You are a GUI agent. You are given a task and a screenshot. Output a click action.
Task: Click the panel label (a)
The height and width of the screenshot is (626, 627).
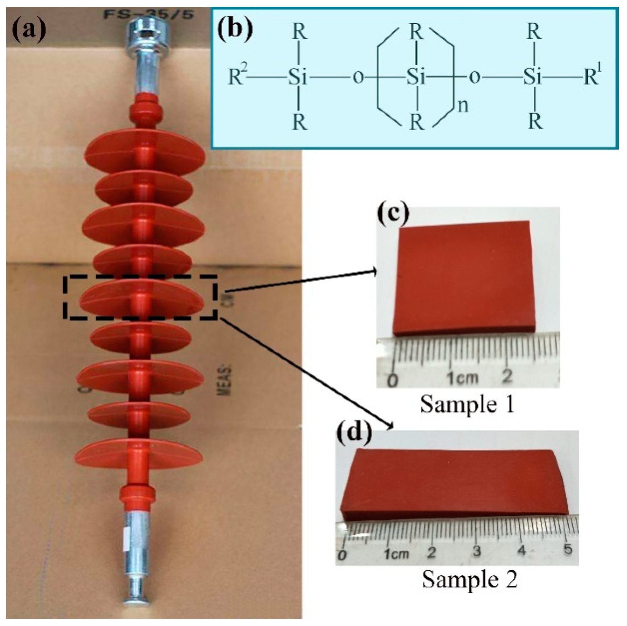28,30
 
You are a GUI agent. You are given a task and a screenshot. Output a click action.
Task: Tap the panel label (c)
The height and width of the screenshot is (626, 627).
393,214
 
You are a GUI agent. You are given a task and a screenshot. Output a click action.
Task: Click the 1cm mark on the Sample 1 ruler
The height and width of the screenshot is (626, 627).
462,377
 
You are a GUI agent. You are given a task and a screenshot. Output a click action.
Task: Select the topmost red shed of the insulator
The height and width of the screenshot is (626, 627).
145,153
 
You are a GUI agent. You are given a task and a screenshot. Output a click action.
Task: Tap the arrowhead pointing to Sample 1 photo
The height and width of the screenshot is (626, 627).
374,271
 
